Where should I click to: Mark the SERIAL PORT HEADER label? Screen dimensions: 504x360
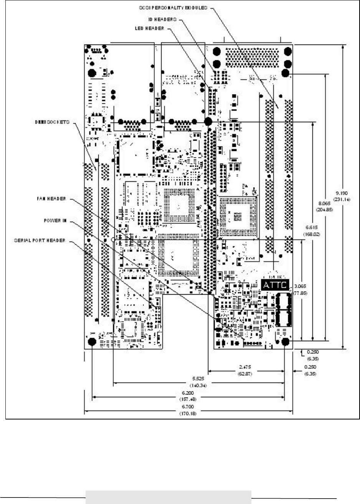[x=43, y=240]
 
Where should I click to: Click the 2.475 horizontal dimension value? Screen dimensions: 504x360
[x=244, y=367]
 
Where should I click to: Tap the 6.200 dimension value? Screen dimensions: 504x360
[x=188, y=393]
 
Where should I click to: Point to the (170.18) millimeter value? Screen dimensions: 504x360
[x=188, y=414]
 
